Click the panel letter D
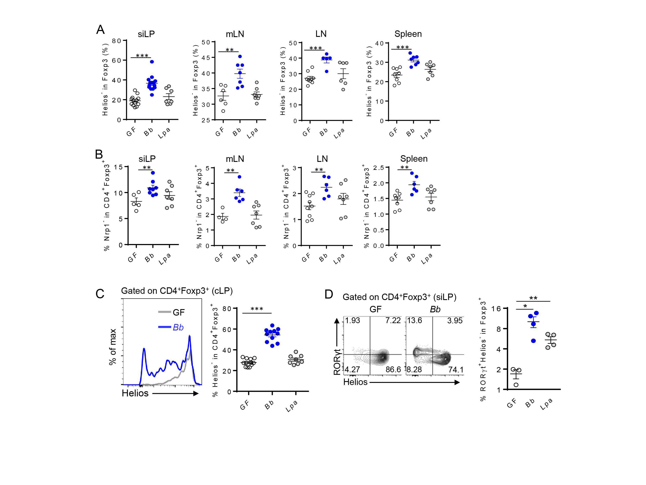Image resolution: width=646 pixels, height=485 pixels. coord(329,294)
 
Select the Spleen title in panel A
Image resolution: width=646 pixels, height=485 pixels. coord(408,34)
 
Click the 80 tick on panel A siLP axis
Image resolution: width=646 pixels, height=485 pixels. coord(116,41)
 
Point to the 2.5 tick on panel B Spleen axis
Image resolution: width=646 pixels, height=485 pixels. coord(379,167)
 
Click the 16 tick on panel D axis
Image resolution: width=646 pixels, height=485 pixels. coord(496,309)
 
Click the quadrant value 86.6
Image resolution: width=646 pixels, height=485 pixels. coord(393,369)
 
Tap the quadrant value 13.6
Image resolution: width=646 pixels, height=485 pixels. coord(415,320)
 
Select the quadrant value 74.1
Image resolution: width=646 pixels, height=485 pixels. coord(456,369)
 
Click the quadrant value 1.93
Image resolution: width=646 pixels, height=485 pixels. coord(353,320)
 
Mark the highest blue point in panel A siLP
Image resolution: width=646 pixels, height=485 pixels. coord(152,62)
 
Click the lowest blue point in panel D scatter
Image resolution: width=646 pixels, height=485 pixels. coord(533,341)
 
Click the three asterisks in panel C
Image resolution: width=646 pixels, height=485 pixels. coord(257,309)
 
